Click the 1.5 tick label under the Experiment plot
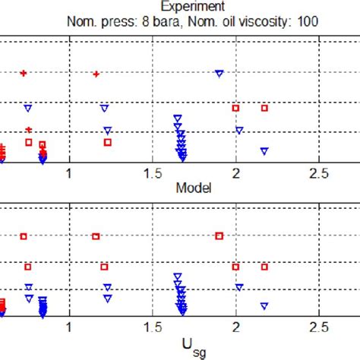pos(155,175)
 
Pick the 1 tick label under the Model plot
pos(71,328)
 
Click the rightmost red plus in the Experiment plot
pos(96,74)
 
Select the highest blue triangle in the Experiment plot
pos(219,73)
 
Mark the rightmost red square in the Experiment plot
pos(264,108)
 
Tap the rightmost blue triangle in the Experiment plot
pos(264,151)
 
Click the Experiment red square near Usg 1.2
pos(108,142)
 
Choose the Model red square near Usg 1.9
pos(219,236)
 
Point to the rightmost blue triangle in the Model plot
pos(264,305)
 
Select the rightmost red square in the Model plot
pos(264,267)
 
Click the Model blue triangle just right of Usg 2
pos(240,287)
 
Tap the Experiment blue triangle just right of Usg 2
pos(240,131)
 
